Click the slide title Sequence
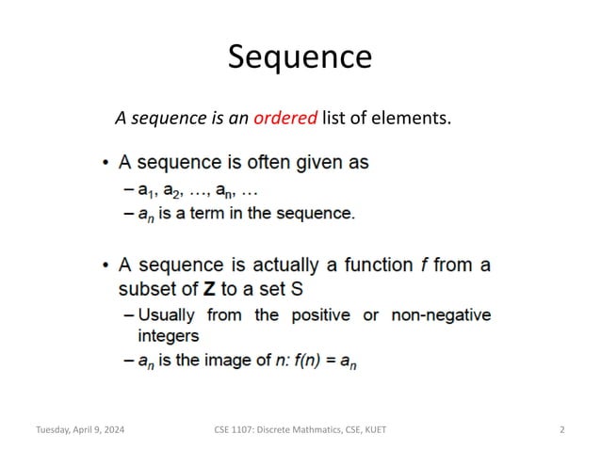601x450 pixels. point(300,57)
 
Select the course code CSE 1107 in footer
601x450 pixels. point(235,429)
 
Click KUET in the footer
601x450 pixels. point(371,429)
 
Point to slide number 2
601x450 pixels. point(561,429)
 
